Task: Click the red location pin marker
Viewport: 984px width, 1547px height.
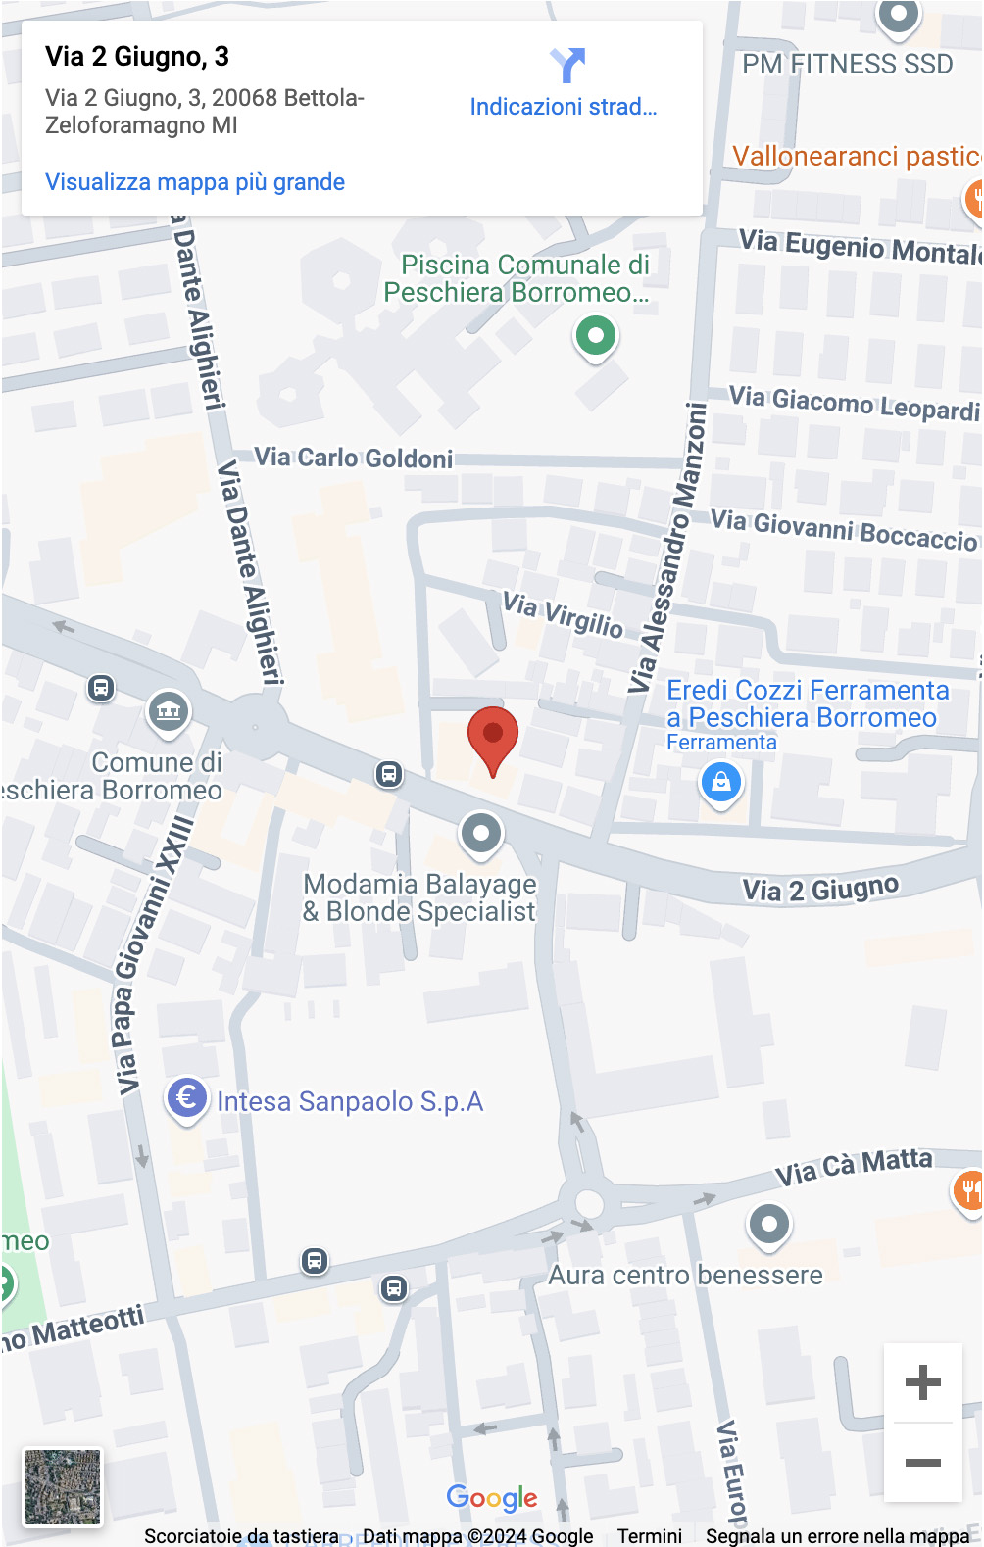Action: tap(492, 738)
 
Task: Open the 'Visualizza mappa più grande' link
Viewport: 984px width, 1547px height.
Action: tap(195, 182)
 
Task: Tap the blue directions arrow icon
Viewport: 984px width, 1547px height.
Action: tap(566, 65)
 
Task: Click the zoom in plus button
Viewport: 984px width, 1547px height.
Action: tap(922, 1382)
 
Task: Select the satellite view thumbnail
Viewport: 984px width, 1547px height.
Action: tap(63, 1486)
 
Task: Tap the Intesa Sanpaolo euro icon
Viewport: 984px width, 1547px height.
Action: tap(186, 1098)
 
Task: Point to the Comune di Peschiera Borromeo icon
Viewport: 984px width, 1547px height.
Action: tap(169, 711)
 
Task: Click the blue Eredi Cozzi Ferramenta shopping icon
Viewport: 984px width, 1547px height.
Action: tap(721, 783)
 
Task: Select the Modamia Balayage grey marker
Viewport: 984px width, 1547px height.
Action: tap(481, 834)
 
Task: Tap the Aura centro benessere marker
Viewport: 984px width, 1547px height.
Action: tap(769, 1225)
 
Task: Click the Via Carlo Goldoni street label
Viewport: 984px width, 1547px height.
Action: tap(354, 458)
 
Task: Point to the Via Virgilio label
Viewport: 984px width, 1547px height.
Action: tap(563, 614)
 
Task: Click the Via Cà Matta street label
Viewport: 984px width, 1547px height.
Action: tap(854, 1166)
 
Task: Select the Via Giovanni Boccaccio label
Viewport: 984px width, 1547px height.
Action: tap(844, 530)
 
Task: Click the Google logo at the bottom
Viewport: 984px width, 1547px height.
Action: tap(492, 1497)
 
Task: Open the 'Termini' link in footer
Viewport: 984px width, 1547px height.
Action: tap(649, 1535)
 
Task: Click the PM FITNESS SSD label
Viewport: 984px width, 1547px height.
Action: tap(847, 65)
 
